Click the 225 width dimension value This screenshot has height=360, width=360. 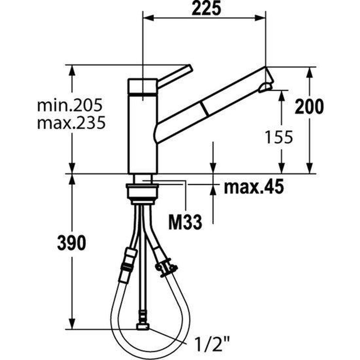205,9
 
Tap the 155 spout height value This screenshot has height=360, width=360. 279,137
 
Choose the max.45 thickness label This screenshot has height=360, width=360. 253,187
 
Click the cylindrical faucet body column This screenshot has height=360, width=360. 142,135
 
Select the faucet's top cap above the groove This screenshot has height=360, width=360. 142,86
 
